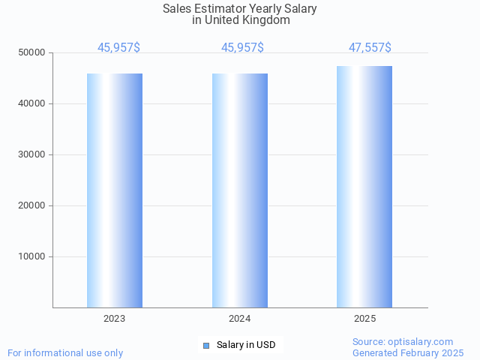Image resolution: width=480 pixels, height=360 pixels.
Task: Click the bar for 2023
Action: pyautogui.click(x=115, y=190)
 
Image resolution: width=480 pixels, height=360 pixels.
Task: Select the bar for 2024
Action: pyautogui.click(x=240, y=190)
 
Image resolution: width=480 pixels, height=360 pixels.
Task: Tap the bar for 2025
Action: pyautogui.click(x=364, y=187)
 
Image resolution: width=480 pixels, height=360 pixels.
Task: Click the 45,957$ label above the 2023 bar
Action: pyautogui.click(x=118, y=48)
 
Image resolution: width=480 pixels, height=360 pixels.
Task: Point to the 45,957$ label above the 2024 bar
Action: pyautogui.click(x=242, y=48)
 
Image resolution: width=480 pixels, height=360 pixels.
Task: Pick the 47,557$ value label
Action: pyautogui.click(x=370, y=48)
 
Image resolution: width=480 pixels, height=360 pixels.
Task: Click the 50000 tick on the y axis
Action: pyautogui.click(x=33, y=52)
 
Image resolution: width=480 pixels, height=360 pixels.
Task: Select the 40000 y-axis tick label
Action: pyautogui.click(x=33, y=103)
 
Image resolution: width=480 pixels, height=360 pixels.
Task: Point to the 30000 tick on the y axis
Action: pyautogui.click(x=33, y=154)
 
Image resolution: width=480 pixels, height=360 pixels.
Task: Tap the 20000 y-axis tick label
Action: pyautogui.click(x=33, y=205)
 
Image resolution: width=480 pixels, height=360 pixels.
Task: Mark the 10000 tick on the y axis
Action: pyautogui.click(x=33, y=256)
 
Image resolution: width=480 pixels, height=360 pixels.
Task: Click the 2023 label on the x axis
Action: pyautogui.click(x=115, y=319)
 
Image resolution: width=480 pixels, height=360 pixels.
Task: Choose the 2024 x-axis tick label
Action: pyautogui.click(x=240, y=319)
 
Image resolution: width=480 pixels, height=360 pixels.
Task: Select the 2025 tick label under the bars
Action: pyautogui.click(x=364, y=319)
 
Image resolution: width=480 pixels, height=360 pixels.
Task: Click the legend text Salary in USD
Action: pyautogui.click(x=246, y=345)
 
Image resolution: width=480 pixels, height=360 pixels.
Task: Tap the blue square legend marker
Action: pyautogui.click(x=206, y=345)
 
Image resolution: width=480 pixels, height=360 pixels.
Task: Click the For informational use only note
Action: pyautogui.click(x=65, y=352)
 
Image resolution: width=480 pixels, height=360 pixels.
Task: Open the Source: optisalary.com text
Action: pyautogui.click(x=403, y=341)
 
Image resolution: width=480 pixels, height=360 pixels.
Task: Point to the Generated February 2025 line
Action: pyautogui.click(x=408, y=352)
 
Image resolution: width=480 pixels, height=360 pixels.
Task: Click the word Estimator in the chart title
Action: pyautogui.click(x=222, y=9)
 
